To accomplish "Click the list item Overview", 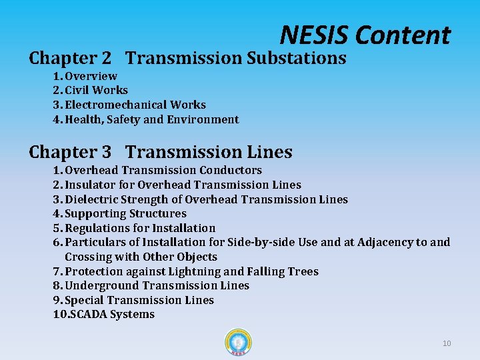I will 91,76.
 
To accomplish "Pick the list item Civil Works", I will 96,90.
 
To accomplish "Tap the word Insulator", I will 89,185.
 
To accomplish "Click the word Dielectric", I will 91,199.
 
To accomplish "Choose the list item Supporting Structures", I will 125,213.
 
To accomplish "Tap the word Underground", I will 99,285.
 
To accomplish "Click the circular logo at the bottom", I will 239,343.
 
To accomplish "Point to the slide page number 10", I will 447,343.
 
